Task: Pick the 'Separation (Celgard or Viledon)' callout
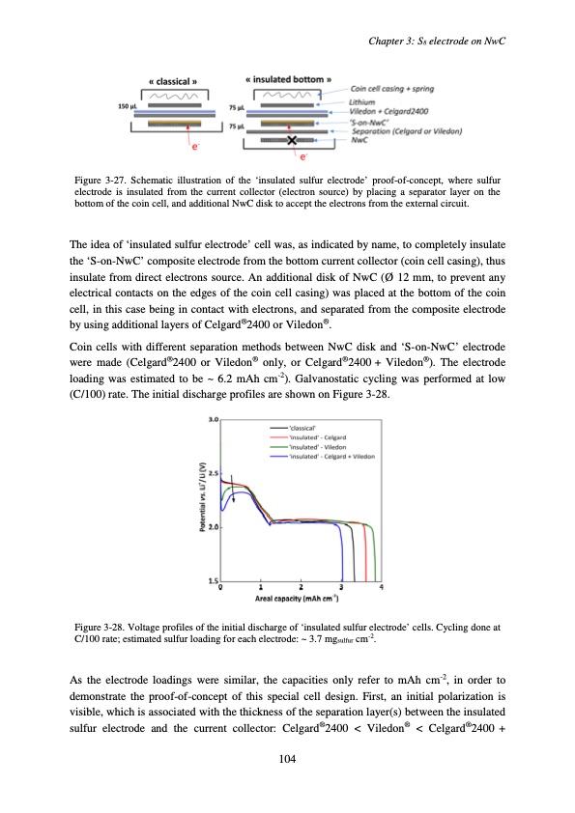click(405, 131)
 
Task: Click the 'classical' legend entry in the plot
click(291, 452)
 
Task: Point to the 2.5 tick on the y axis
click(214, 473)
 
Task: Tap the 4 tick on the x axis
click(382, 587)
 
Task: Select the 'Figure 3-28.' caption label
click(101, 628)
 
